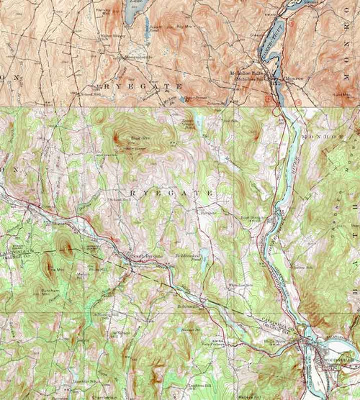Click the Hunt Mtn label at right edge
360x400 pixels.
pyautogui.click(x=341, y=93)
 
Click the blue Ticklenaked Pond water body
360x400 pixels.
pyautogui.click(x=203, y=255)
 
